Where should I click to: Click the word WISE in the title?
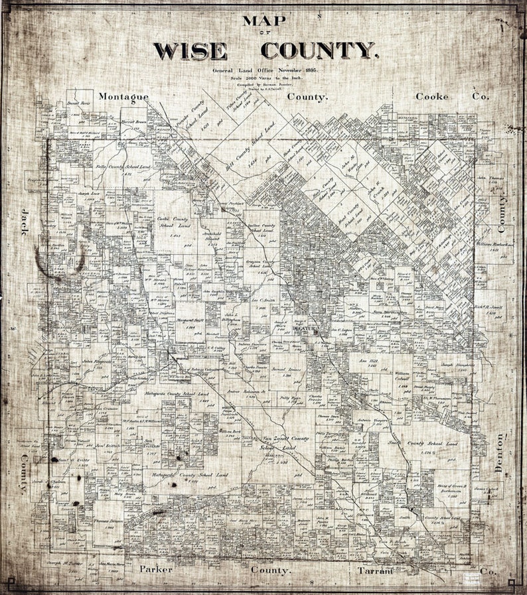click(x=198, y=50)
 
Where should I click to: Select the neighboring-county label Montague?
click(x=123, y=97)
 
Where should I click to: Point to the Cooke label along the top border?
click(x=432, y=97)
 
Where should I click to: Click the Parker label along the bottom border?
click(x=157, y=570)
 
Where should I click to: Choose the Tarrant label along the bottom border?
click(x=376, y=570)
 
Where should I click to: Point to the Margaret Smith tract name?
click(x=179, y=320)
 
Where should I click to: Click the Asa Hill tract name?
click(x=366, y=359)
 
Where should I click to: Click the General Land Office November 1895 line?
click(x=265, y=70)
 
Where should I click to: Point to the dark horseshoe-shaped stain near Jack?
click(x=60, y=260)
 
